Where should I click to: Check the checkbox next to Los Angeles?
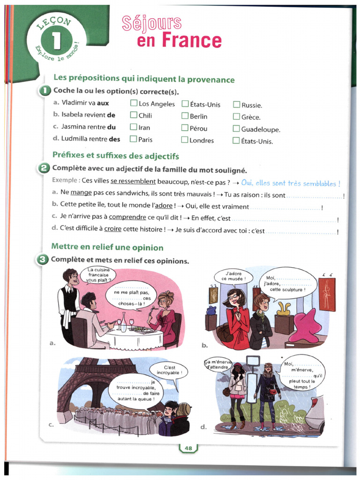(x=134, y=104)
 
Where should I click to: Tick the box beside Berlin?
(x=185, y=116)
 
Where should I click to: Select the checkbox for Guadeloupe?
(x=236, y=129)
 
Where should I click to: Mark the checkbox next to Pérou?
(x=185, y=128)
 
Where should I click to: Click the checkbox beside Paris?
(x=134, y=139)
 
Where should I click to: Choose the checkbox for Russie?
(x=236, y=105)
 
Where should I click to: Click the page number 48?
(x=188, y=448)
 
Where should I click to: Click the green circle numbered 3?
(x=44, y=260)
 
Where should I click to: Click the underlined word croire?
(x=112, y=230)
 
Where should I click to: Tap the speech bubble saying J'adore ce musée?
(x=233, y=277)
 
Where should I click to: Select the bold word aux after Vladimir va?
(x=103, y=103)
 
